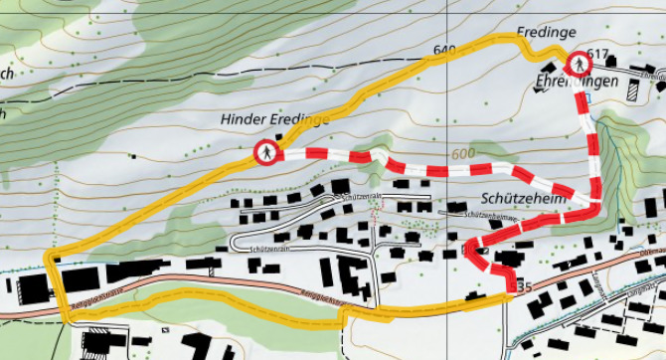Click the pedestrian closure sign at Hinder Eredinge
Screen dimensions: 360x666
[266, 153]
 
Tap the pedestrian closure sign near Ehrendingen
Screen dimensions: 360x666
[578, 66]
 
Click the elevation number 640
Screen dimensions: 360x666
[443, 50]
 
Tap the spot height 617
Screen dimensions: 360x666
[597, 53]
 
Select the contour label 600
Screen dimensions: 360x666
[461, 154]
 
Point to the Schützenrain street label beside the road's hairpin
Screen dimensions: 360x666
[270, 249]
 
